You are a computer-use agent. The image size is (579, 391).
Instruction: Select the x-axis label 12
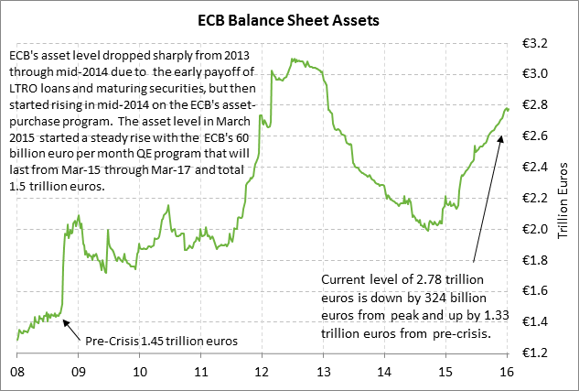[x=262, y=373]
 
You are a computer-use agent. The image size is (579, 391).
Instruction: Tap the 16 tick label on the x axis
[x=508, y=373]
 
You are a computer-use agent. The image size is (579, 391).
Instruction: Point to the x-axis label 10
[x=140, y=373]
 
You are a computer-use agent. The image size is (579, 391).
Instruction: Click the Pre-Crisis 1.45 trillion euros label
[x=161, y=342]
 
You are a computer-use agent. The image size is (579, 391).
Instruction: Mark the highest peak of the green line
[x=292, y=58]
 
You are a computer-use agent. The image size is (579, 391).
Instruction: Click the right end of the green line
[x=509, y=109]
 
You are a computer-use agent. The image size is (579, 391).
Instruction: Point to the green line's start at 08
[x=17, y=340]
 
